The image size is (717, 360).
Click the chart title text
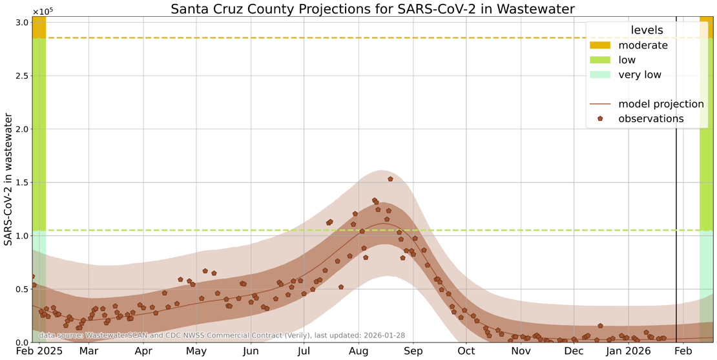pyautogui.click(x=373, y=9)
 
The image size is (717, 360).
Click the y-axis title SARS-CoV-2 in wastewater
pyautogui.click(x=8, y=179)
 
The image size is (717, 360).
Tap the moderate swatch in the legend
pyautogui.click(x=599, y=45)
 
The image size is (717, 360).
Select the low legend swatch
pyautogui.click(x=599, y=60)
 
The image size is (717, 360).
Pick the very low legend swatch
pyautogui.click(x=599, y=75)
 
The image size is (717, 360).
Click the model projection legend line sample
pyautogui.click(x=599, y=104)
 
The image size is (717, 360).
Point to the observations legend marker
pyautogui.click(x=600, y=119)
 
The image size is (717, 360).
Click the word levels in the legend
pyautogui.click(x=647, y=30)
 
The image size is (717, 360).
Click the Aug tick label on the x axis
pyautogui.click(x=358, y=351)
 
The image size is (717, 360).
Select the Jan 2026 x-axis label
pyautogui.click(x=629, y=351)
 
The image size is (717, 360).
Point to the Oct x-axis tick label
pyautogui.click(x=466, y=351)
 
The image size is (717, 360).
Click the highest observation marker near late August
pyautogui.click(x=390, y=179)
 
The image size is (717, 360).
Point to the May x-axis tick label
pyautogui.click(x=196, y=351)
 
